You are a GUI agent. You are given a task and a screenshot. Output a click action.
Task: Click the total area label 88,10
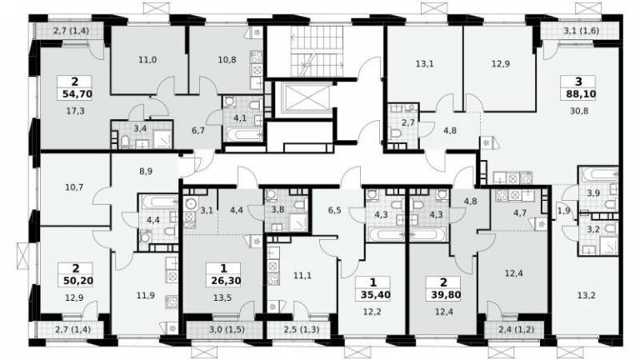coord(581,95)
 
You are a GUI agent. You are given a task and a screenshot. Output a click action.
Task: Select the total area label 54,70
coord(77,95)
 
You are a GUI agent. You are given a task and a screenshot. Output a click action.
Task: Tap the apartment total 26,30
coord(226,281)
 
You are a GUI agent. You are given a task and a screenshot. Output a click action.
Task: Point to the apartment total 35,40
coord(376,295)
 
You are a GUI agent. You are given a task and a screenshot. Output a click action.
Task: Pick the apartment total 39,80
coord(446,295)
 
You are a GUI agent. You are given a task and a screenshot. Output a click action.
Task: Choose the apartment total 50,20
coord(78,281)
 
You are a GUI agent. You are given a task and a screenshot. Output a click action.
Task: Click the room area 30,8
coord(579,111)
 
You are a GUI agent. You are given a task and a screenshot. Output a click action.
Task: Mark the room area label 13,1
coord(424,64)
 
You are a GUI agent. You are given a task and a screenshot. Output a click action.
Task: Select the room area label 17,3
coord(76,111)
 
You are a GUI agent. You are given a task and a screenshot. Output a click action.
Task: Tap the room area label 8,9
coord(146,172)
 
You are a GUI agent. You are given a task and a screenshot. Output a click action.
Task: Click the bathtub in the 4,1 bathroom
coord(244,134)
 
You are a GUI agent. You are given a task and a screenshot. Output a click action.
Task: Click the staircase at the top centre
coord(317,51)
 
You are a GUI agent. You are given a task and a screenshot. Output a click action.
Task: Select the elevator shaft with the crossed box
coord(302,98)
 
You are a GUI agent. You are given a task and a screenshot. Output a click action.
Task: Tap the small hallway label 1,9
coord(563,211)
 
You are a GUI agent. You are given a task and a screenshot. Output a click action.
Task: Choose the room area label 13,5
coord(222,298)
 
